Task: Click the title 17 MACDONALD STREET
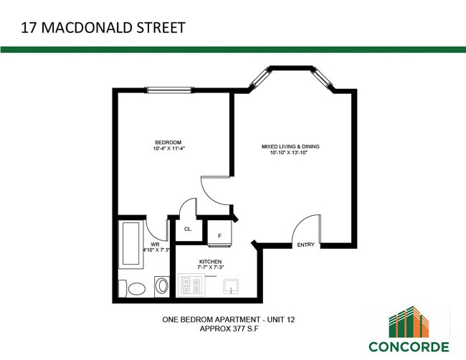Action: click(103, 28)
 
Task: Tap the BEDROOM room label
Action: click(168, 141)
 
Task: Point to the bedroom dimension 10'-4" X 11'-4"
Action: click(169, 149)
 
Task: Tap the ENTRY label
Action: click(305, 245)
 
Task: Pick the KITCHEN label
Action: click(211, 262)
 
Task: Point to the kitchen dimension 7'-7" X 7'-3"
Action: click(211, 268)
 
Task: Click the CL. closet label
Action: click(188, 229)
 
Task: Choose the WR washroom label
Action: click(155, 244)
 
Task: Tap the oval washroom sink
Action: click(162, 287)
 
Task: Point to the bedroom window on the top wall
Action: click(170, 90)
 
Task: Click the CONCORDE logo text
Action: click(409, 347)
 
